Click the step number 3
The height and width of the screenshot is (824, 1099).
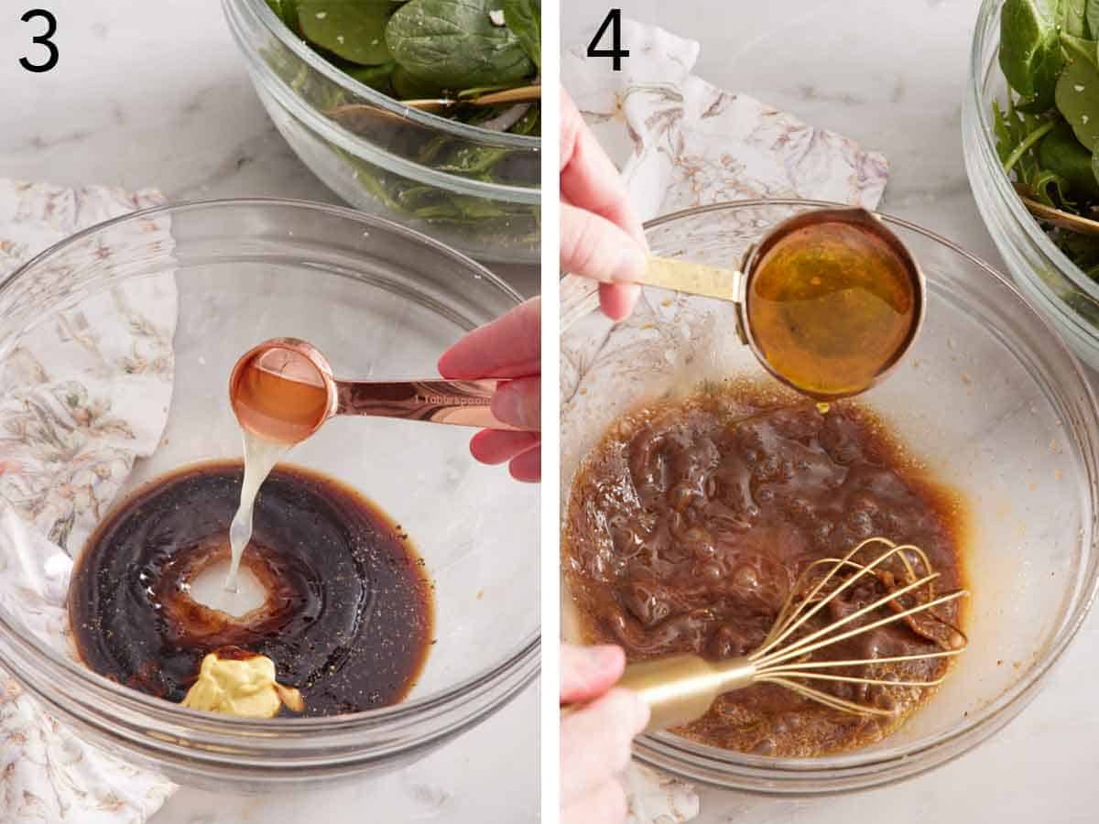[38, 41]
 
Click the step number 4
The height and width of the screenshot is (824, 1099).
[607, 41]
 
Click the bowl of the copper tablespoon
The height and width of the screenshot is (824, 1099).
[280, 391]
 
